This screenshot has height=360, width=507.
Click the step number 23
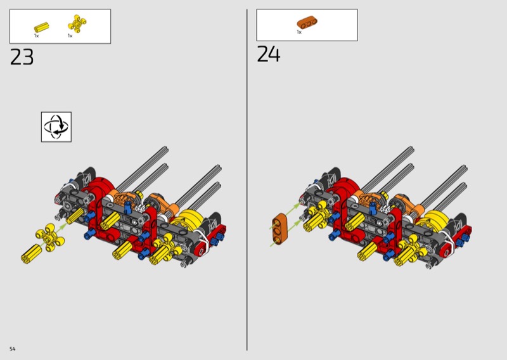(22, 57)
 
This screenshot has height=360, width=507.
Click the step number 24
(268, 54)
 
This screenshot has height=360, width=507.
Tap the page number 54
(12, 349)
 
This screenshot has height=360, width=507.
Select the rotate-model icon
(56, 127)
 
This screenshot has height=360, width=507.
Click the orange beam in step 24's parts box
(307, 22)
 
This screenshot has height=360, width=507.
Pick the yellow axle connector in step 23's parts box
(41, 27)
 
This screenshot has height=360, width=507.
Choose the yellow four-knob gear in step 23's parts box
(77, 23)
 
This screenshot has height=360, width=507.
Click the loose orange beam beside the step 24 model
(279, 229)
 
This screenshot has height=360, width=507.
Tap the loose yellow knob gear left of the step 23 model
(50, 238)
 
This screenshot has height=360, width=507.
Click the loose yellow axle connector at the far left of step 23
(31, 254)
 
